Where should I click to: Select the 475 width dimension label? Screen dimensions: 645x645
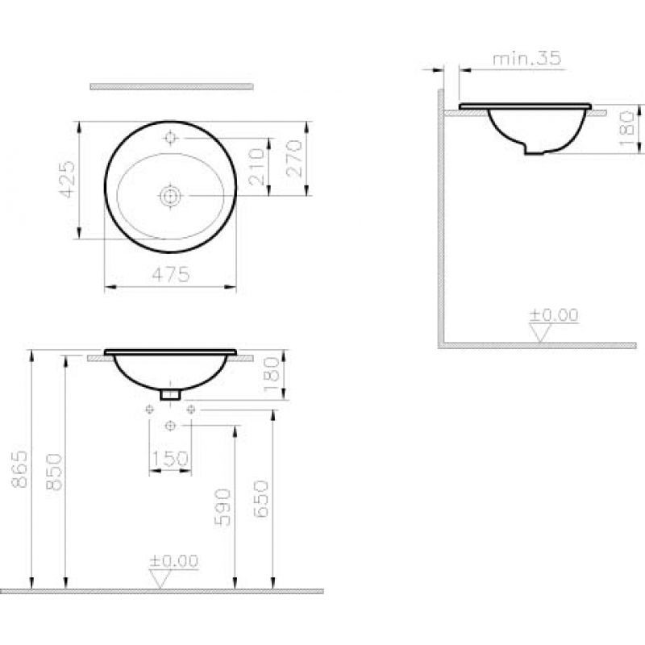point(171,274)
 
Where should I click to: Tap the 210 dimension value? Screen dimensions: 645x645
point(257,167)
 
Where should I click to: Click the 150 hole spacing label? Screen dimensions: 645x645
point(170,459)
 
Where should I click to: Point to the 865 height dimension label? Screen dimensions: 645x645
point(21,470)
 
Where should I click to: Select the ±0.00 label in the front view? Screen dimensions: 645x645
point(173,561)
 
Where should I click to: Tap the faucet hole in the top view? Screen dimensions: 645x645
point(170,138)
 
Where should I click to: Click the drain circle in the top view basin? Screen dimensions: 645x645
point(170,194)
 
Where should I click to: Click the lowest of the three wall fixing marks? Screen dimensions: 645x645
point(170,424)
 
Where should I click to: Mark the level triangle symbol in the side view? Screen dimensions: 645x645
point(539,331)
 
